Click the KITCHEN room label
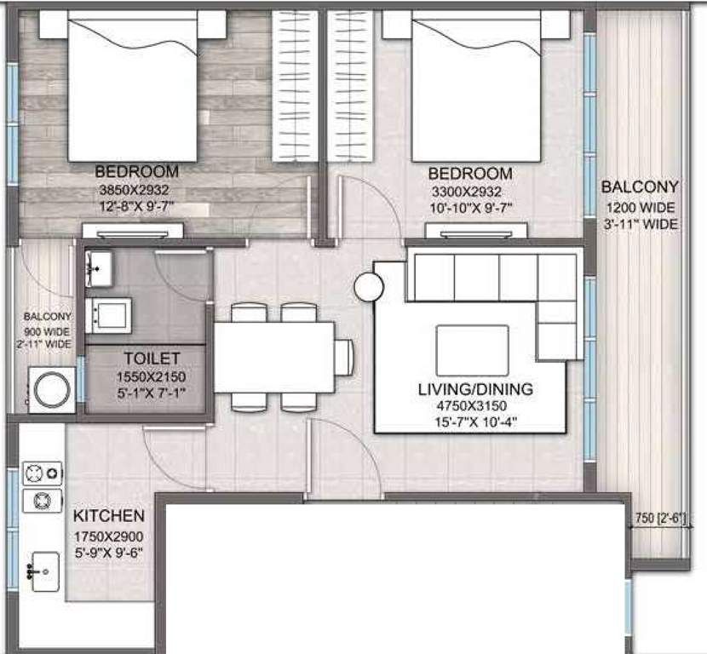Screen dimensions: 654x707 pyautogui.click(x=108, y=516)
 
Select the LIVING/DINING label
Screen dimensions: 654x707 pyautogui.click(x=475, y=389)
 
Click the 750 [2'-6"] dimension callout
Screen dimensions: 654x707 pyautogui.click(x=668, y=517)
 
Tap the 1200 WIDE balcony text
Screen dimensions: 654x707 pyautogui.click(x=640, y=208)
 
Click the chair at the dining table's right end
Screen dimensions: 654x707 pyautogui.click(x=344, y=357)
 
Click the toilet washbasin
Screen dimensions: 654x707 pyautogui.click(x=101, y=269)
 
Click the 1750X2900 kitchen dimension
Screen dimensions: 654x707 pyautogui.click(x=108, y=536)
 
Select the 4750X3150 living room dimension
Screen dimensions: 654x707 pyautogui.click(x=475, y=405)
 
